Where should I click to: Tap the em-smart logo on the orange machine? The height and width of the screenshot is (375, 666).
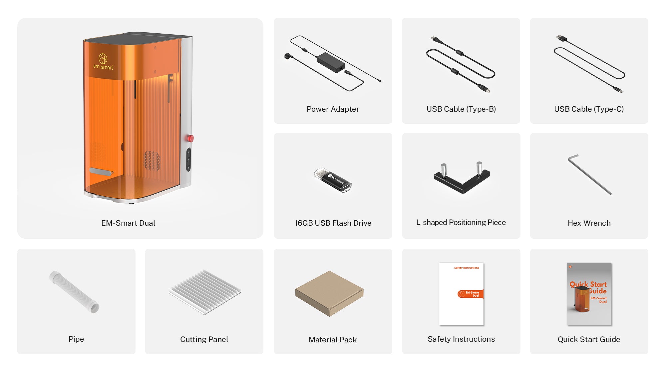click(x=103, y=62)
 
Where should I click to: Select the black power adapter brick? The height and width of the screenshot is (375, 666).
click(x=331, y=62)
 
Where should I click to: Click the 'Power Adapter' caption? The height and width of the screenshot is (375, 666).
click(x=333, y=109)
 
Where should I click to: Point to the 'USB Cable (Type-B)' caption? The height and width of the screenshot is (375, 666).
click(x=461, y=109)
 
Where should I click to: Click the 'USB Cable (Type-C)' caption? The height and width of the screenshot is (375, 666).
click(x=589, y=109)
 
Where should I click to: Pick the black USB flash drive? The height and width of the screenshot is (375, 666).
click(x=333, y=180)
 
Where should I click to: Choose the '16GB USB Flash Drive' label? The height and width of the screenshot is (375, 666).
click(x=333, y=223)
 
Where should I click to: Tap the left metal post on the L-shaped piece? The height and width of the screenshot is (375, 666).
click(x=444, y=170)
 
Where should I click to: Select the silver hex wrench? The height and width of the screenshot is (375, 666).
click(x=590, y=174)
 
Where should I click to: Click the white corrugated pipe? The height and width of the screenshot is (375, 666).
click(x=74, y=292)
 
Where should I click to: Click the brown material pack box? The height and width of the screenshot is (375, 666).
click(x=329, y=293)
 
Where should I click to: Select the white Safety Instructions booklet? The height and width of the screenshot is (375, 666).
click(x=461, y=294)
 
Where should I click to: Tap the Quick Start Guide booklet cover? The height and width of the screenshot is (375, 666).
click(x=589, y=294)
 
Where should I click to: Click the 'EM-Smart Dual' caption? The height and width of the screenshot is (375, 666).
click(x=128, y=223)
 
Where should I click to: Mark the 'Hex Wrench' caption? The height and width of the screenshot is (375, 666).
click(x=589, y=223)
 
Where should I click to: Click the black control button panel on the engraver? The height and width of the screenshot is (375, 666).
click(x=188, y=160)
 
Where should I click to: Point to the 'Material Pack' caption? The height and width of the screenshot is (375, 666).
click(x=333, y=340)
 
